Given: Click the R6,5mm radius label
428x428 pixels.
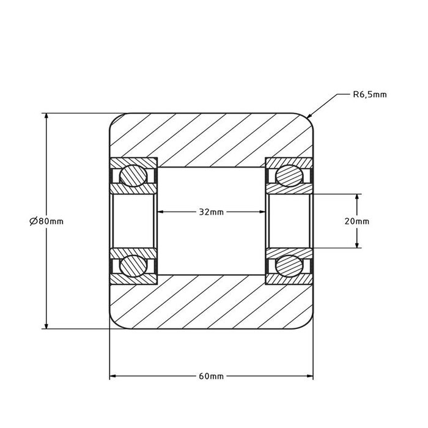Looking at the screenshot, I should [370, 95].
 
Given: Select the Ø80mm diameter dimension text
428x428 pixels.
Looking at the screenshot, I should [46, 221].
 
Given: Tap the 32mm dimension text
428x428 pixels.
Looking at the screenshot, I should [211, 212].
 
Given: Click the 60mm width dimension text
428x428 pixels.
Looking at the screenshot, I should [212, 376].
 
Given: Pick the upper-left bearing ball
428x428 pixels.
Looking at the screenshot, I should [133, 175].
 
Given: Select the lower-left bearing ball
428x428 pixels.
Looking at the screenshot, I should [133, 265].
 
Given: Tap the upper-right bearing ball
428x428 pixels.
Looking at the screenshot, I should [289, 175].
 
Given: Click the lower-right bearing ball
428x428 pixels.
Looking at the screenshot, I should [289, 265].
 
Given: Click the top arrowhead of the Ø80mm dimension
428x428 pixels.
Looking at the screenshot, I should [46, 117].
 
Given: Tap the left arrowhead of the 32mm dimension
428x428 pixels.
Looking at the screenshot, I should [162, 212].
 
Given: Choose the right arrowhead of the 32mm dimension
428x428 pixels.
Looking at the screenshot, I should [261, 212].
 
